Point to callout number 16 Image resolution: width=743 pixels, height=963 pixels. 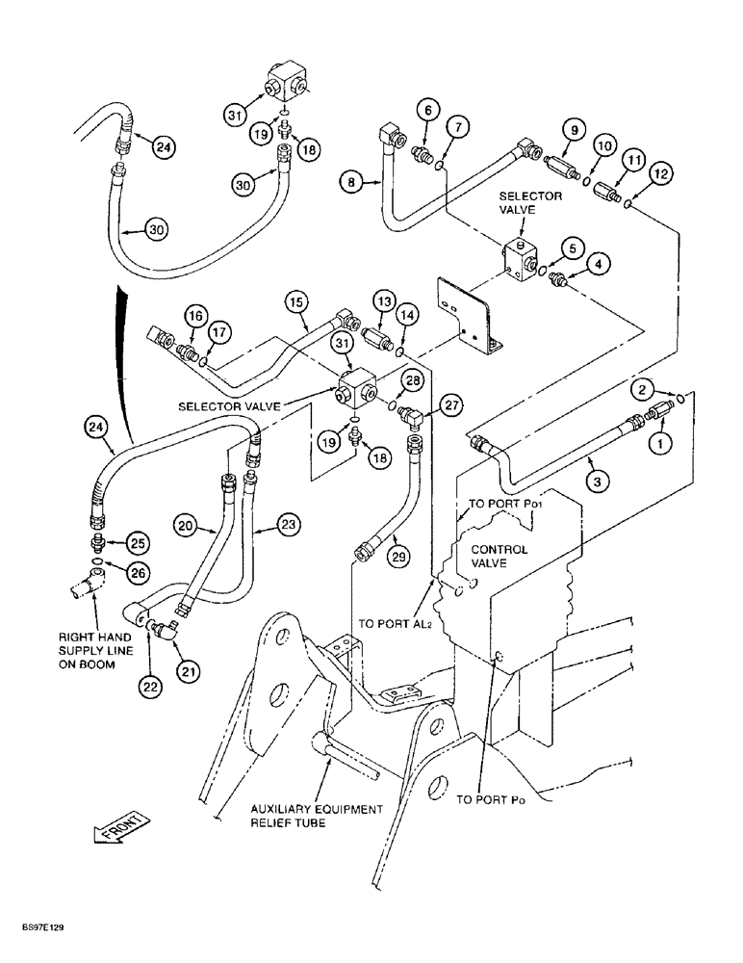[x=196, y=316]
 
